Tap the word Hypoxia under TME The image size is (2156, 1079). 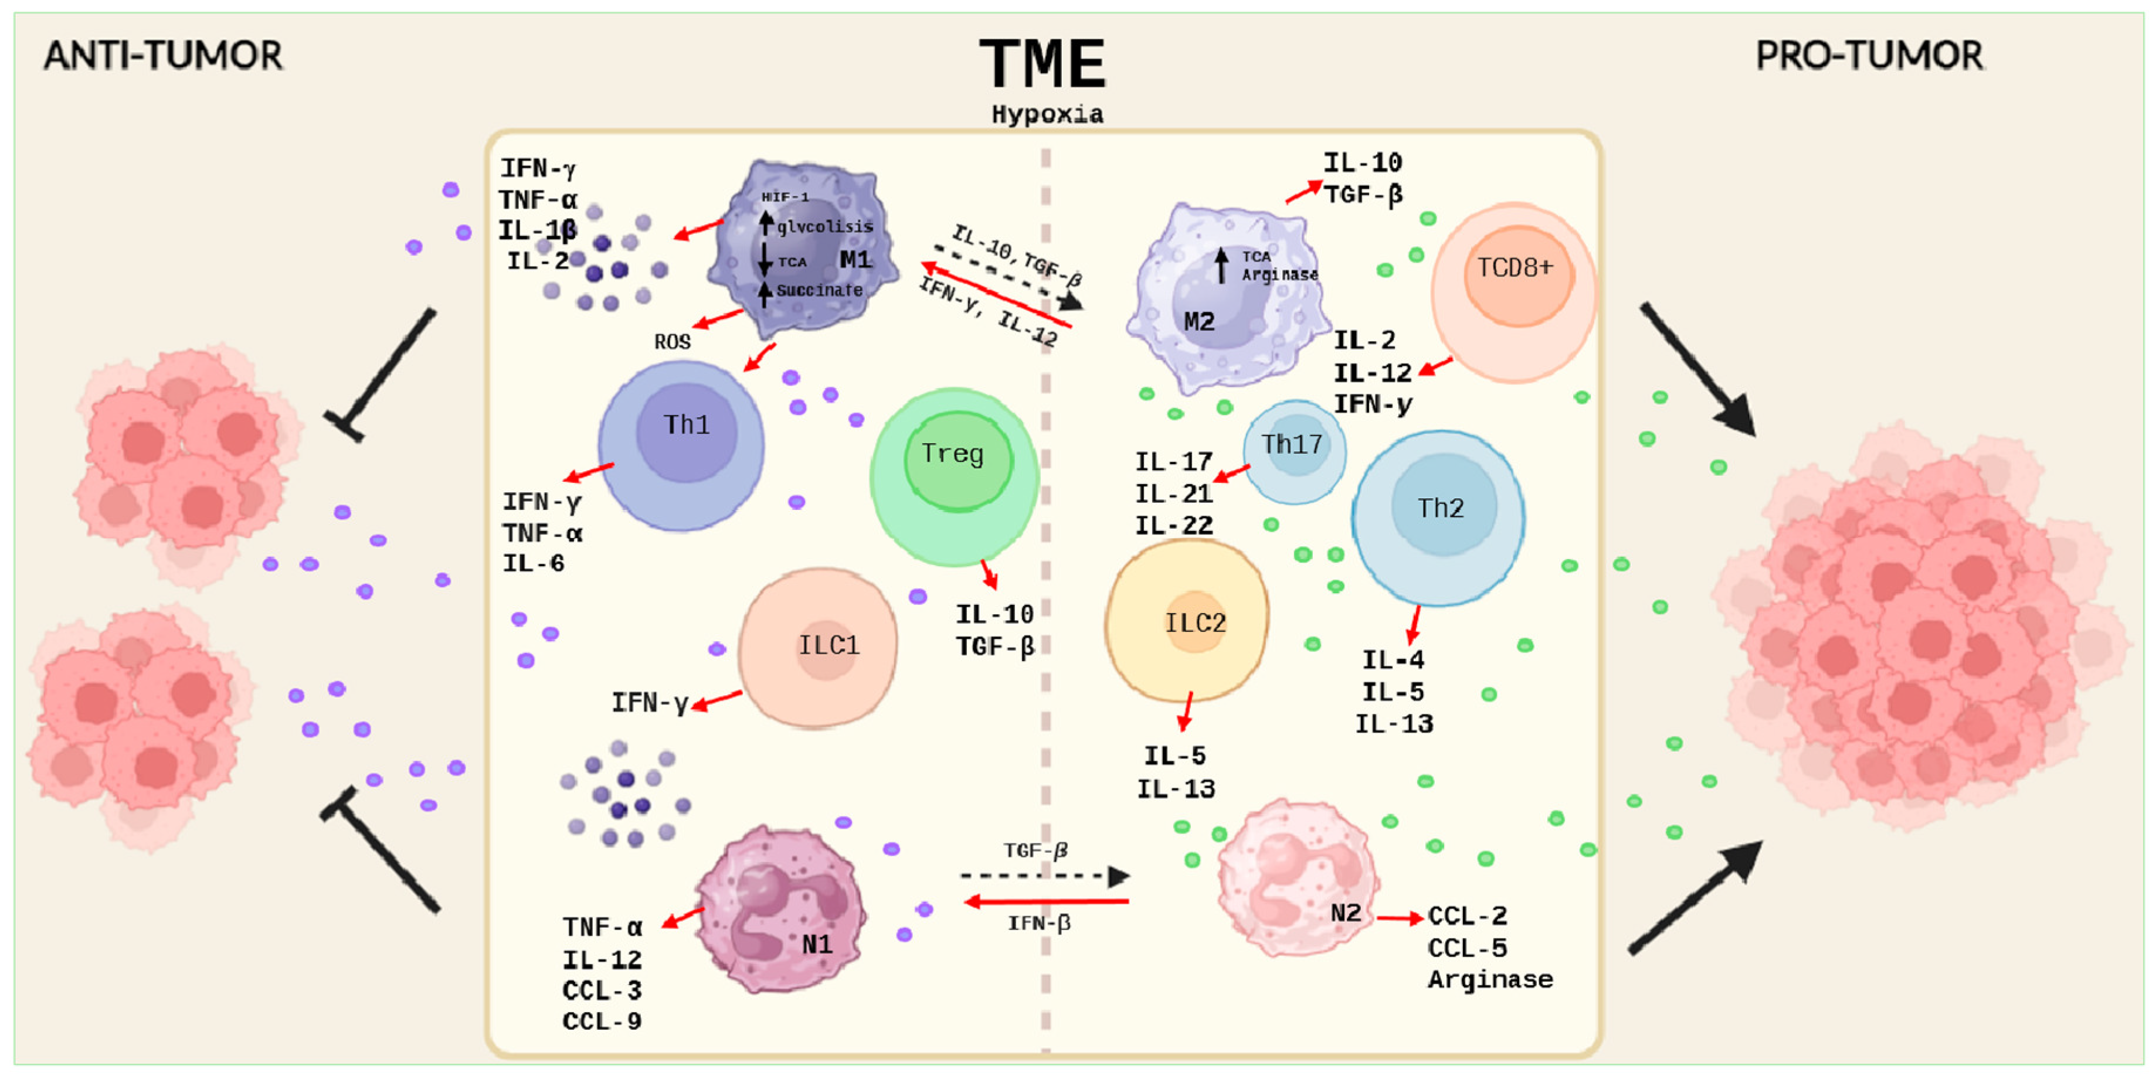[1047, 115]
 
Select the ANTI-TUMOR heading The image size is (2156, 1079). [163, 56]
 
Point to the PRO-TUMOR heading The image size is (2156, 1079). [1869, 56]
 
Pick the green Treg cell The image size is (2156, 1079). [954, 476]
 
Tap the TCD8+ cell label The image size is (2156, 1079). [1515, 268]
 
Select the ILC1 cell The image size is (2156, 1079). [820, 646]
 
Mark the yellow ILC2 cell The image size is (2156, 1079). [1187, 621]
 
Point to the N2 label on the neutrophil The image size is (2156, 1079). [1345, 913]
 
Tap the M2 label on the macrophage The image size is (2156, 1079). [1198, 322]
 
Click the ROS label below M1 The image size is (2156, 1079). [672, 342]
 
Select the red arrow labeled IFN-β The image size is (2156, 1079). [1046, 901]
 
